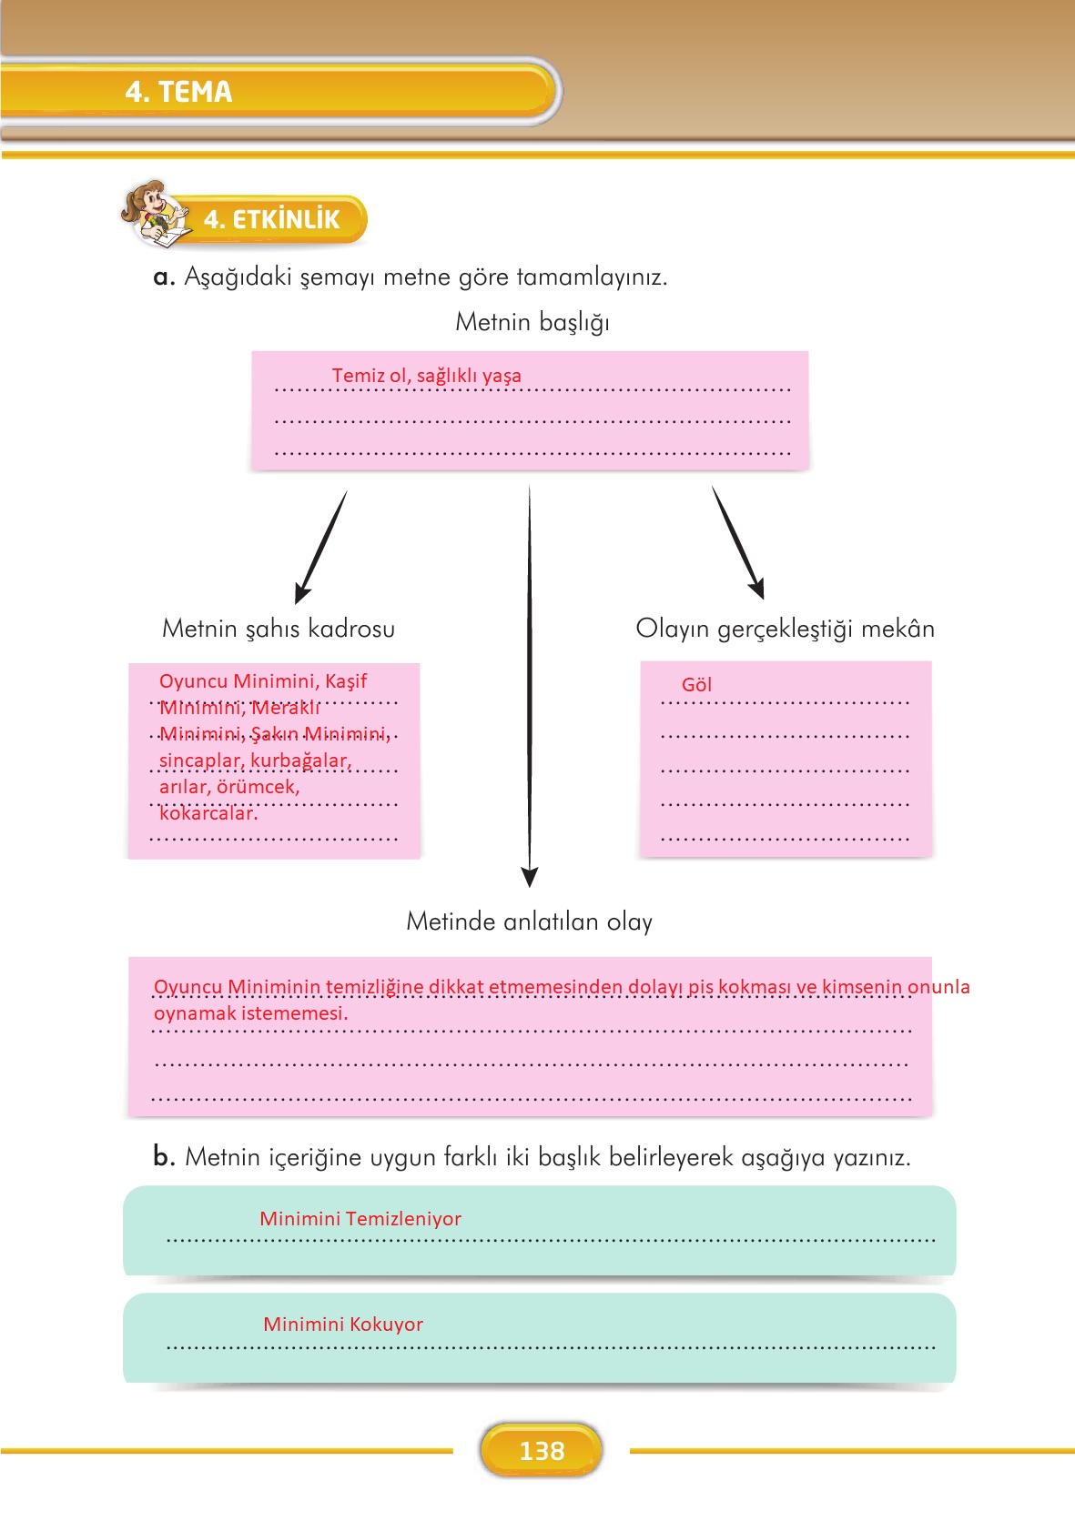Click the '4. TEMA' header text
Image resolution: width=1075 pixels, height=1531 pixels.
pyautogui.click(x=178, y=92)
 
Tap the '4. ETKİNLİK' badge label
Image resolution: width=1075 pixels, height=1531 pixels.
pyautogui.click(x=271, y=219)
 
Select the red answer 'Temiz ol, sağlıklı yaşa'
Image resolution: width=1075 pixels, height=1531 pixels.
pyautogui.click(x=426, y=376)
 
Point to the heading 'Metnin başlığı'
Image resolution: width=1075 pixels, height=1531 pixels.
pyautogui.click(x=532, y=322)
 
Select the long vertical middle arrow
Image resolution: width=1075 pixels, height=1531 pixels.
pyautogui.click(x=530, y=682)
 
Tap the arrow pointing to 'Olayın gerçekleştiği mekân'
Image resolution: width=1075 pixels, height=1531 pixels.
pyautogui.click(x=738, y=543)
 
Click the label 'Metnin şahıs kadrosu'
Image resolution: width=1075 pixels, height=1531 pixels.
pyautogui.click(x=279, y=629)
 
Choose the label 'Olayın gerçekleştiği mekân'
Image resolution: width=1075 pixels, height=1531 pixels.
pyautogui.click(x=785, y=629)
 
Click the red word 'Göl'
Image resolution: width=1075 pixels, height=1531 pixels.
pyautogui.click(x=696, y=685)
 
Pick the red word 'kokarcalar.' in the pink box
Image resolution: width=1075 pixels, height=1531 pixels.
pyautogui.click(x=208, y=813)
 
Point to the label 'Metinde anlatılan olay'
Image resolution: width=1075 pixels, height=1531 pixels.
pyautogui.click(x=529, y=922)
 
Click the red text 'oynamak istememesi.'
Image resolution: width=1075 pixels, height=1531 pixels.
pyautogui.click(x=250, y=1012)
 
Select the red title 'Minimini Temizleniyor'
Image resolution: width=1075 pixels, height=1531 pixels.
pyautogui.click(x=360, y=1219)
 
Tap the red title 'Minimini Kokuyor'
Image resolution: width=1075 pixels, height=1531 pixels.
pyautogui.click(x=343, y=1325)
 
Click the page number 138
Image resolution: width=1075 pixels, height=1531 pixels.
pyautogui.click(x=542, y=1451)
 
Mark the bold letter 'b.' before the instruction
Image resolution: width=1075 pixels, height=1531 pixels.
pyautogui.click(x=164, y=1157)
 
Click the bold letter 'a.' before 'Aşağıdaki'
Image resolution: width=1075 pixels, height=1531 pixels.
pyautogui.click(x=164, y=277)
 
